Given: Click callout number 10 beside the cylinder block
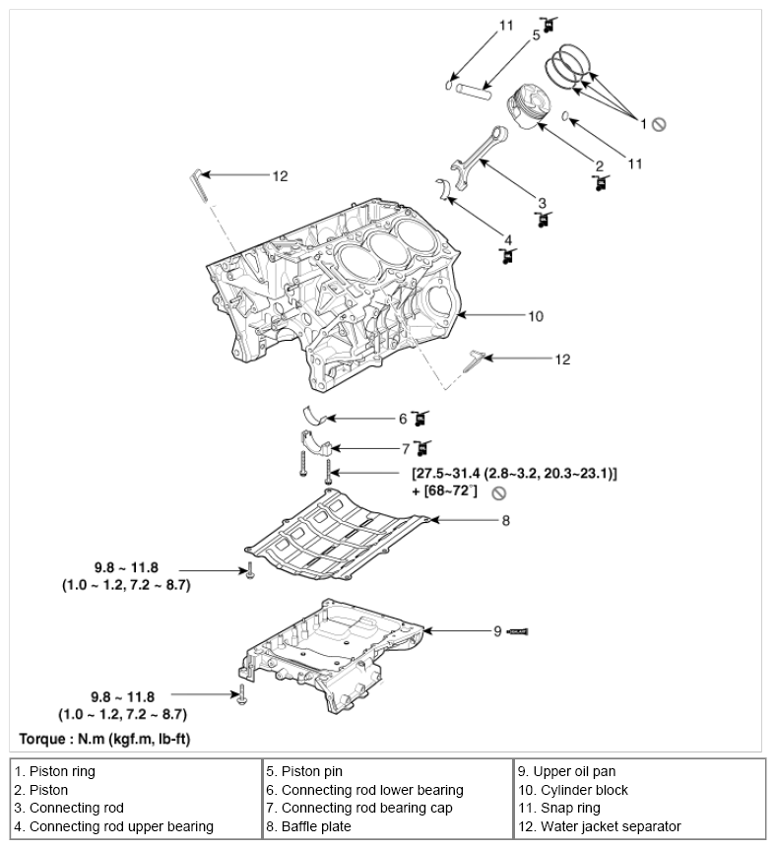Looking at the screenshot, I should [x=536, y=317].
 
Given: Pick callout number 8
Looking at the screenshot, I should [x=505, y=520].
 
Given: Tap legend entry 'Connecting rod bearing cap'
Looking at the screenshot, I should [x=359, y=808].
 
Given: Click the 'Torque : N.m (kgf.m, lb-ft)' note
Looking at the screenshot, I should [x=113, y=738].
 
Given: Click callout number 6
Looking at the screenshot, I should [x=403, y=418].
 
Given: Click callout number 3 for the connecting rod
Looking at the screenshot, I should [x=542, y=203].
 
